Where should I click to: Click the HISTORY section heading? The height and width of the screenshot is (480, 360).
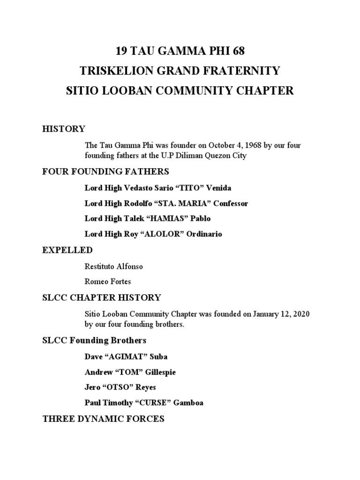tap(64, 129)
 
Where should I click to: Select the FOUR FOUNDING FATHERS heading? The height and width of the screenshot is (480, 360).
tap(105, 171)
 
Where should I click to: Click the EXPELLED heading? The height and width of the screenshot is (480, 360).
tap(67, 250)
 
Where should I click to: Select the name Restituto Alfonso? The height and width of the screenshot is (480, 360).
tap(113, 267)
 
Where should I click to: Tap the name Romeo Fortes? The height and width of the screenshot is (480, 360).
tap(108, 282)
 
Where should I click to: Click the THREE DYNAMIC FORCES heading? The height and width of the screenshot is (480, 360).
tap(103, 419)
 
